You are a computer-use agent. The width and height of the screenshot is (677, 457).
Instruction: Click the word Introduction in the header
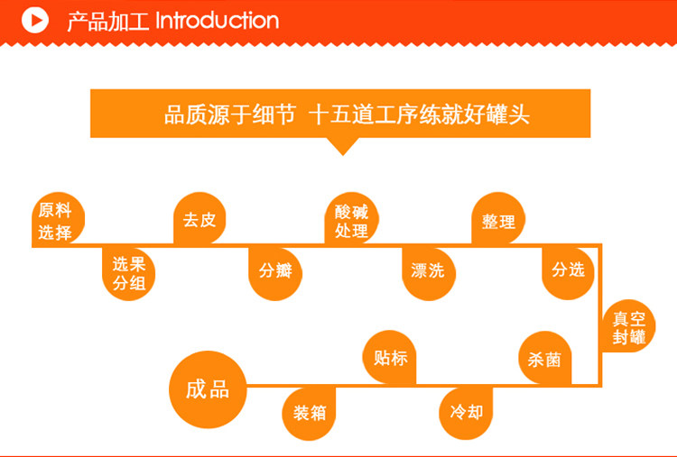(218, 20)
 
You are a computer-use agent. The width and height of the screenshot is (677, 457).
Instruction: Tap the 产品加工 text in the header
(107, 21)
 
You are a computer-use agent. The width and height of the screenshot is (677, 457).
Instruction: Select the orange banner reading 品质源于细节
(340, 114)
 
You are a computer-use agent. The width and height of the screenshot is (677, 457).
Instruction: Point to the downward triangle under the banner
(340, 146)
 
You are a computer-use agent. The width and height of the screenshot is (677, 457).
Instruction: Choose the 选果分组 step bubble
(129, 273)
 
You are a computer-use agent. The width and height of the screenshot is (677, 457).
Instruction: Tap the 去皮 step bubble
(199, 220)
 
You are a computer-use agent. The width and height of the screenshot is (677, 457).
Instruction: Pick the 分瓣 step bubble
(275, 270)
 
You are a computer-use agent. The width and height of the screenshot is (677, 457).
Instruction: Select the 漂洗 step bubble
(428, 270)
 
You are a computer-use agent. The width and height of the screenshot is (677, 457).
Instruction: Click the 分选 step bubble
(569, 270)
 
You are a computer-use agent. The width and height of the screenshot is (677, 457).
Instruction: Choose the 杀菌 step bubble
(545, 359)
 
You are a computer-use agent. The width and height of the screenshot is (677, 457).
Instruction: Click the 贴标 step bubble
(390, 358)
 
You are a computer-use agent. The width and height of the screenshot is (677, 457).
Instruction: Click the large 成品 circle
(208, 388)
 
